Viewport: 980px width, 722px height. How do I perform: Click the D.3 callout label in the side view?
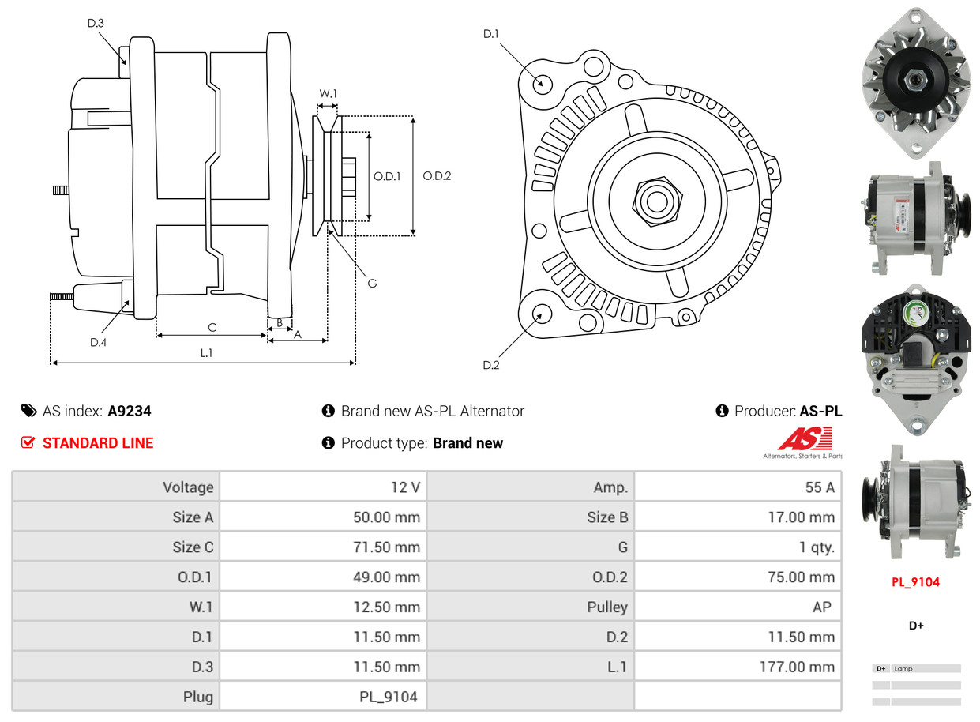(96, 23)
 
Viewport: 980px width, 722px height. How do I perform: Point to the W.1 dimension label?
(328, 93)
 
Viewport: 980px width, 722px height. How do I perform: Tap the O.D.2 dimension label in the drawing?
(437, 175)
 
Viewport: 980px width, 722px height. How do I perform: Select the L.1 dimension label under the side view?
(206, 353)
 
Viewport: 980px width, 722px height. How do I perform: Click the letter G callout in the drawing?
(372, 283)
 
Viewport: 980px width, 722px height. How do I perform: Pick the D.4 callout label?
(98, 342)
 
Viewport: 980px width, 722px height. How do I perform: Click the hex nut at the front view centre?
(655, 201)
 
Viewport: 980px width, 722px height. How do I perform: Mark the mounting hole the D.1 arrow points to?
(542, 83)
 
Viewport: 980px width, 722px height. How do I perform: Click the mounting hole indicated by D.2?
(542, 314)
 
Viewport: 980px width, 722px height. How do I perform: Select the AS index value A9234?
(130, 411)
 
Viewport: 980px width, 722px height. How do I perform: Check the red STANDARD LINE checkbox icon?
(28, 443)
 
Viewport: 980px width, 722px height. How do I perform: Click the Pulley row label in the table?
(607, 607)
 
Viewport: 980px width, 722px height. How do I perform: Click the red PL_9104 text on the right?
(916, 582)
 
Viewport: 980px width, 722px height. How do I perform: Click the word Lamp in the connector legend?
(903, 668)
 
